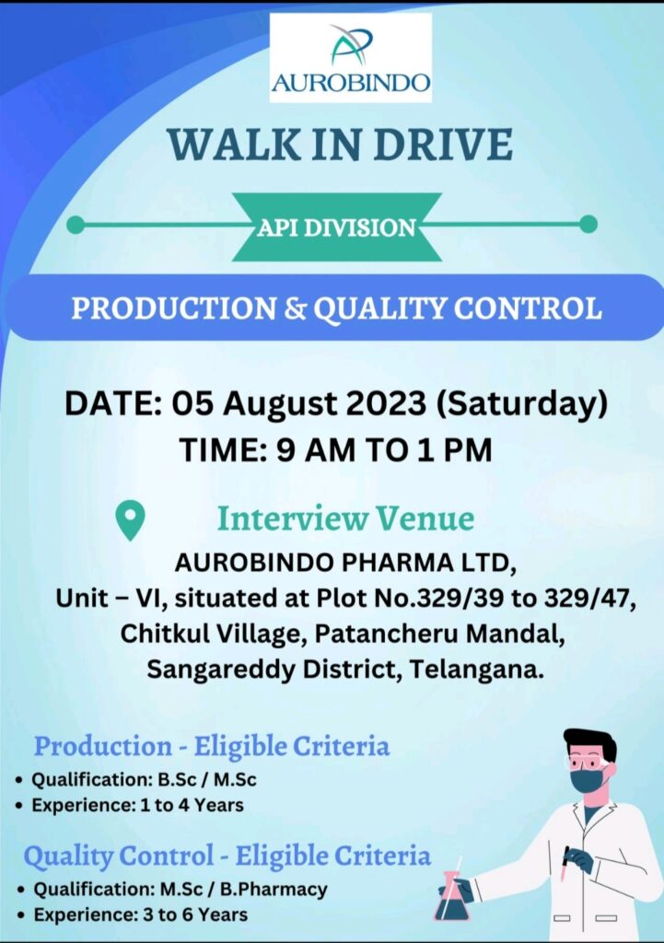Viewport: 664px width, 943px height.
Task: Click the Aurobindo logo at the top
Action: pos(351,58)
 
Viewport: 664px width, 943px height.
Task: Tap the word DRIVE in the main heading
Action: pos(443,145)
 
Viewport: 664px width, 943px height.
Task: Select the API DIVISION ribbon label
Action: pos(337,228)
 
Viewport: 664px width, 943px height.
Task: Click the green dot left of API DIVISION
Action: pos(76,225)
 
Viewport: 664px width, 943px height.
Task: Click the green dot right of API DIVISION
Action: pos(588,225)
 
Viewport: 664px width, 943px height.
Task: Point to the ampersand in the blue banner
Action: pos(295,309)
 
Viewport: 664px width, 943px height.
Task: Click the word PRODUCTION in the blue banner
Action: pos(174,309)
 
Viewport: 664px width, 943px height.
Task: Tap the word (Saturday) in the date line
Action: pos(521,403)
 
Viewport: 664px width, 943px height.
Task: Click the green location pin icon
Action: pos(131,519)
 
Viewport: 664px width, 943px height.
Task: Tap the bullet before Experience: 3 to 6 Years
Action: pos(22,916)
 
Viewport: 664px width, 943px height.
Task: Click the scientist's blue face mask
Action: pos(586,780)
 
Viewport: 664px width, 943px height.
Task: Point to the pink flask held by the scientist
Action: pos(451,896)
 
